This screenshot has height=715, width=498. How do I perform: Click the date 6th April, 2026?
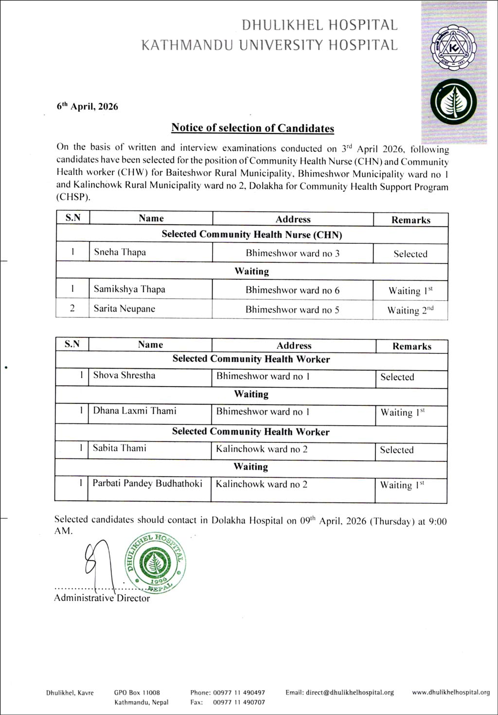(88, 107)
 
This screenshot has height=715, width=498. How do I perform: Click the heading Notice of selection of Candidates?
(252, 128)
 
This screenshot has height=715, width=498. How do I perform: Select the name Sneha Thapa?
(120, 252)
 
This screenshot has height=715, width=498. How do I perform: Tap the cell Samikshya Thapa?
(129, 289)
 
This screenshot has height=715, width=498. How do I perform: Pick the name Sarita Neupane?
(124, 309)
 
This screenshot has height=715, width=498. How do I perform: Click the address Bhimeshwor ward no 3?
(292, 253)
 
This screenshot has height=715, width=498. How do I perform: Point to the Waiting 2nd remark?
(410, 310)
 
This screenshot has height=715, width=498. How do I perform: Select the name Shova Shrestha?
(124, 375)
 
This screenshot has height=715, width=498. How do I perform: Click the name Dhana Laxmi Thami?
(135, 411)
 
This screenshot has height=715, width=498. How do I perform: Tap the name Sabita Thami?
(120, 448)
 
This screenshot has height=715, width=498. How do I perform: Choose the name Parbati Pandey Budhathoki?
(147, 483)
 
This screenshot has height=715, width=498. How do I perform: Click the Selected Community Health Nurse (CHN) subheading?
(251, 235)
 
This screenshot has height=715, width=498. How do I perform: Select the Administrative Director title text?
(102, 598)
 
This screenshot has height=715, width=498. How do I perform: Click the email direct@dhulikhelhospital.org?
(339, 692)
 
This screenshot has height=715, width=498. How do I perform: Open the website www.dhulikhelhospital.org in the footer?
(451, 692)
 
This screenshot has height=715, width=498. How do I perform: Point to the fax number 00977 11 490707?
(239, 702)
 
